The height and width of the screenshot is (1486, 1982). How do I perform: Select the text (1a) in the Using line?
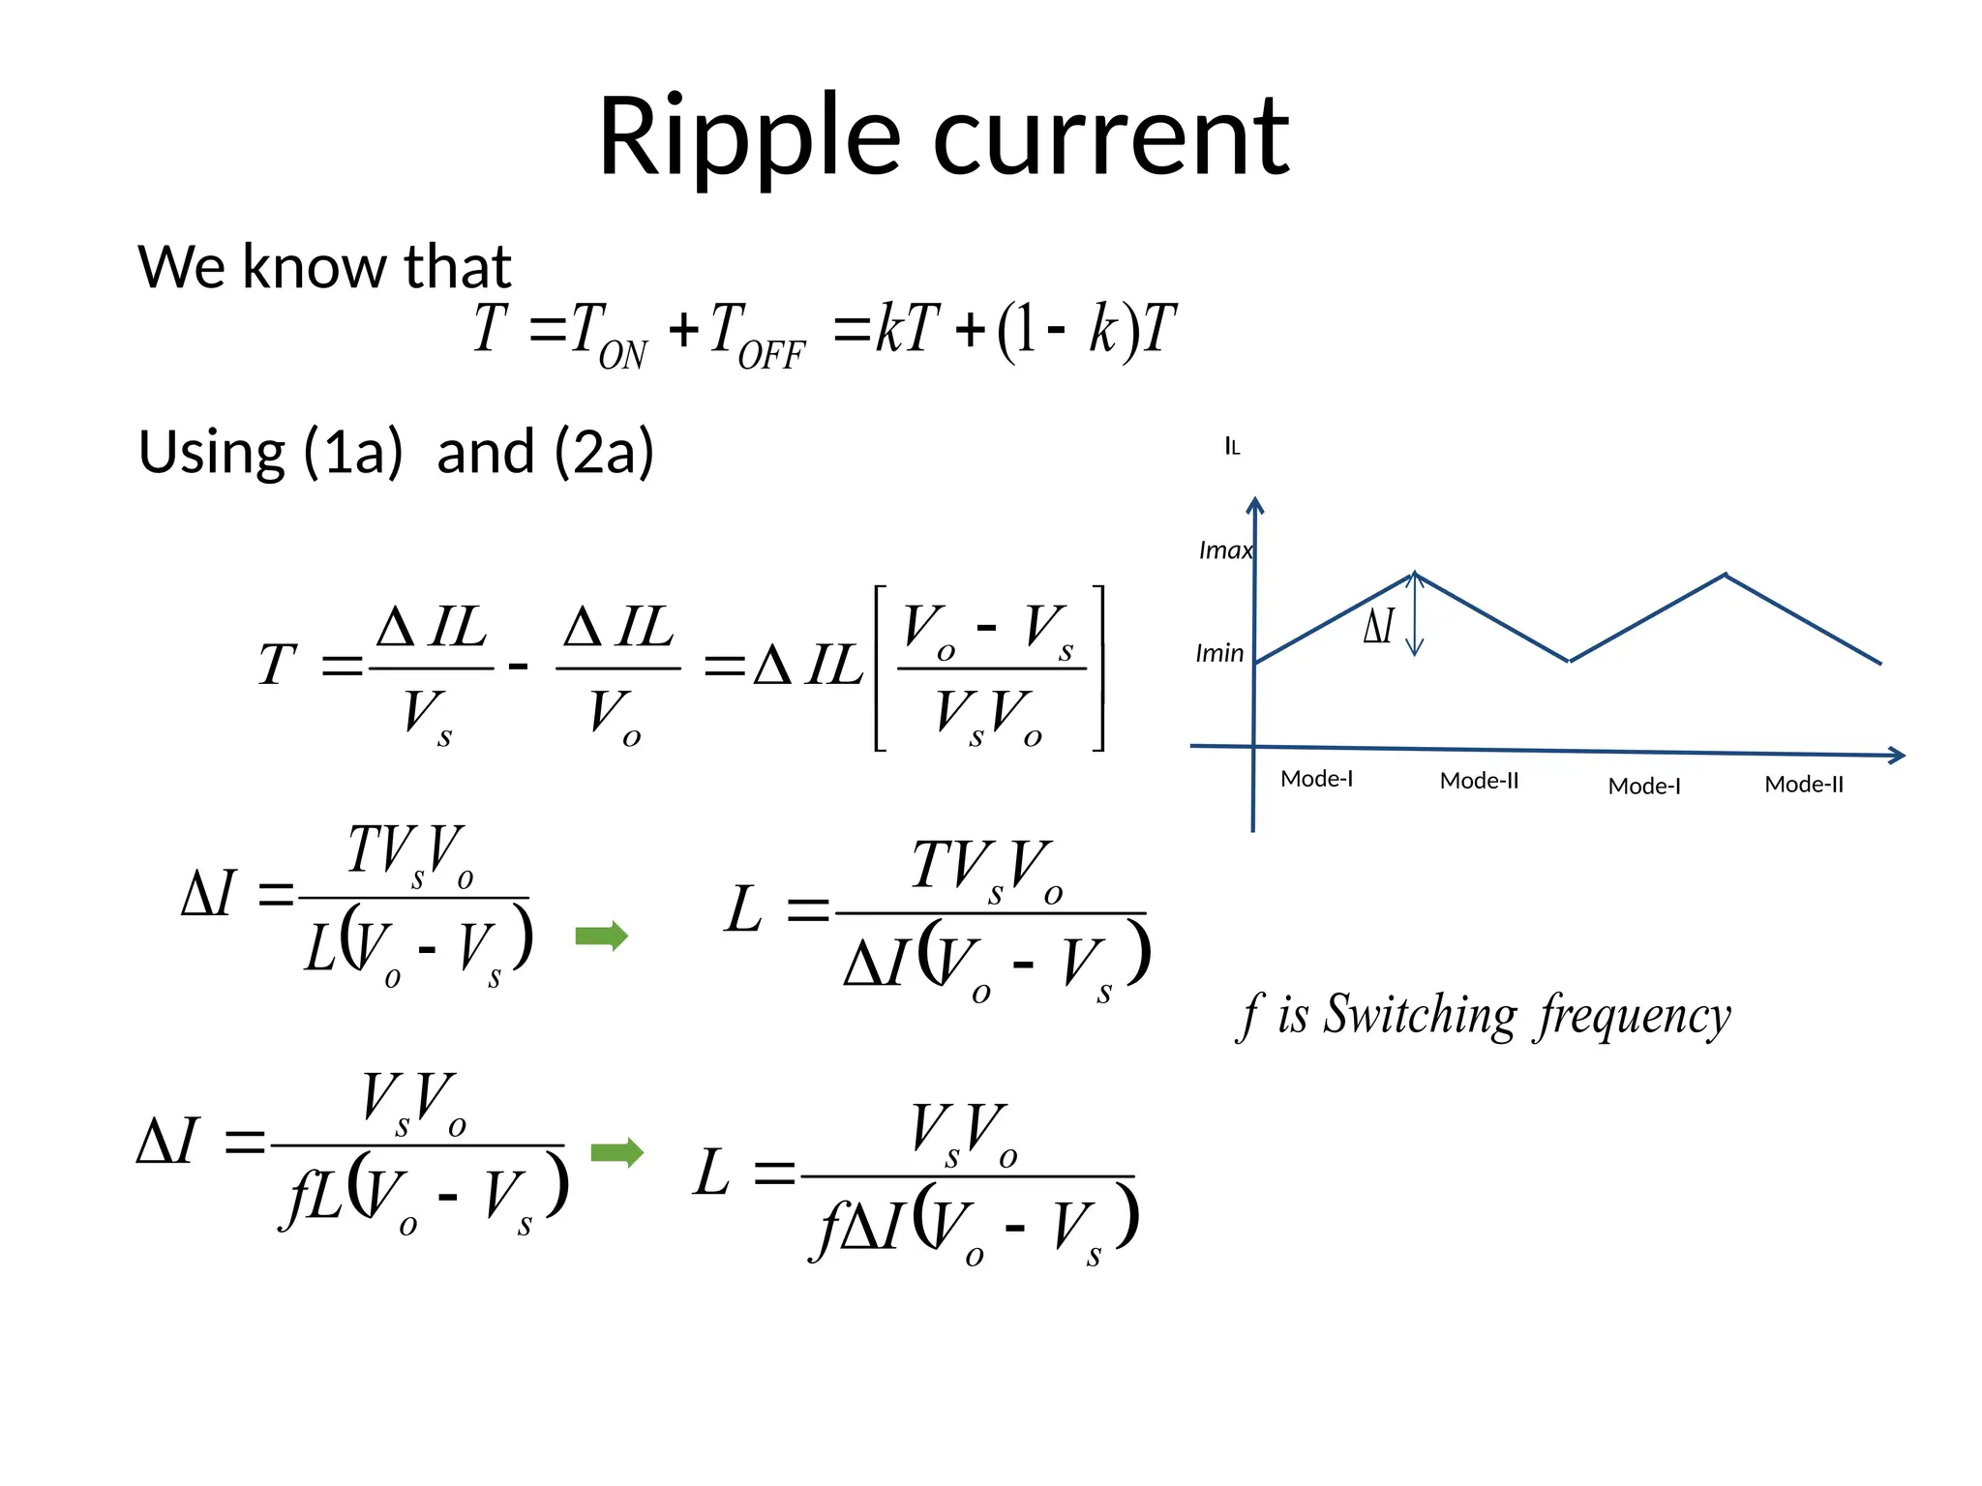tap(352, 452)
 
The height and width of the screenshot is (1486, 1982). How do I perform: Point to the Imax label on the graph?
tap(1225, 550)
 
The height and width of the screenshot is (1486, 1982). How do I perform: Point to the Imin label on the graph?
tap(1219, 653)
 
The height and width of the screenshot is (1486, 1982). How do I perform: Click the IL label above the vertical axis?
tap(1232, 446)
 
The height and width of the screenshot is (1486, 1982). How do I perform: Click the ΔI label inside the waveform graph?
tap(1379, 626)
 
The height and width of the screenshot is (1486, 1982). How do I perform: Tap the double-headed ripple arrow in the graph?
tap(1415, 614)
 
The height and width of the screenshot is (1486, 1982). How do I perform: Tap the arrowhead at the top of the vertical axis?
tap(1255, 505)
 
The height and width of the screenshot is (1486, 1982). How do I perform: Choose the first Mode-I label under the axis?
tap(1316, 779)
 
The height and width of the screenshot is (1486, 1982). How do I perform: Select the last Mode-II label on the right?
tap(1804, 785)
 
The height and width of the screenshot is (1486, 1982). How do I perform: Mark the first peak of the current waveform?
tap(1415, 574)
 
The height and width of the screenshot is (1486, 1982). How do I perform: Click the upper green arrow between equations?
tap(601, 936)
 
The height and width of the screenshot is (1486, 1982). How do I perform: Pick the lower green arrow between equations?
tap(616, 1152)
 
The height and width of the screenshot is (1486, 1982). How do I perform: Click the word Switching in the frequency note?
tap(1420, 1015)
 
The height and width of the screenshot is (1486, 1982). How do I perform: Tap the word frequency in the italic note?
tap(1635, 1015)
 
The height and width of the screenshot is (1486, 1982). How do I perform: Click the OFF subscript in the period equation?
tap(770, 356)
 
